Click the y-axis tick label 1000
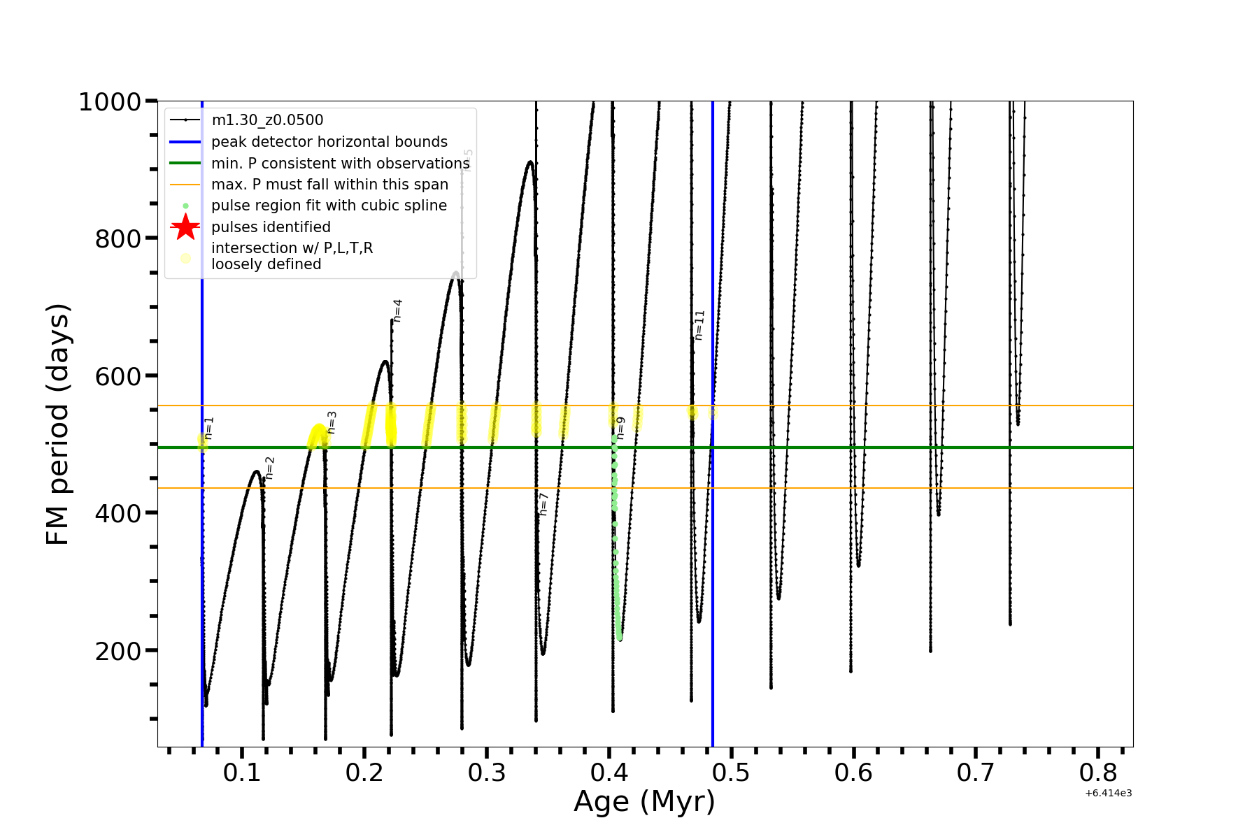110,102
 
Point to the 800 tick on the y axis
118,239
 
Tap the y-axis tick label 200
118,651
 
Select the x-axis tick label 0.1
242,773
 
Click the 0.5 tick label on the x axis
731,773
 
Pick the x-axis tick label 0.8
1098,773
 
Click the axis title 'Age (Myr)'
644,802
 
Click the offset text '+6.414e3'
1108,794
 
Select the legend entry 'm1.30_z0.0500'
267,120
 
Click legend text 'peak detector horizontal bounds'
329,142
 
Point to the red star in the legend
185,227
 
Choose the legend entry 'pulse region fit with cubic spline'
329,206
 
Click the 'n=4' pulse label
397,310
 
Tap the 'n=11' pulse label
699,325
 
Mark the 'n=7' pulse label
543,504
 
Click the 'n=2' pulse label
269,468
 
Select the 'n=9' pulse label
620,428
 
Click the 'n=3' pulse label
332,422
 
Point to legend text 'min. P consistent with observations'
341,164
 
